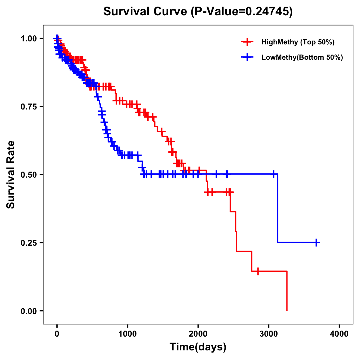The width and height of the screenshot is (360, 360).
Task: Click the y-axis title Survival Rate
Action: [11, 174]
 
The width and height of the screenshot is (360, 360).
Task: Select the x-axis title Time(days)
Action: [198, 347]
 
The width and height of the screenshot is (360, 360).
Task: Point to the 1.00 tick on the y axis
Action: [28, 38]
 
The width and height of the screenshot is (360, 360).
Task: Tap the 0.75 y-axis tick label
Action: [28, 106]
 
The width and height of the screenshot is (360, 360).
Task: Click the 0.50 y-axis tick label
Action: [28, 175]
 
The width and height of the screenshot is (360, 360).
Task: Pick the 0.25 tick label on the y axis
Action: [28, 243]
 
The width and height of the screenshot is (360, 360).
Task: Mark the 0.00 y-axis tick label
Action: [28, 311]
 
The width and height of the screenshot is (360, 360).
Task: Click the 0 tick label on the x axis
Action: [57, 334]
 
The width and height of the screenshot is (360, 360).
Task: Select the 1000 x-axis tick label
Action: [127, 334]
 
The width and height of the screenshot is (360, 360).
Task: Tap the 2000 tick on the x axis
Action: [198, 334]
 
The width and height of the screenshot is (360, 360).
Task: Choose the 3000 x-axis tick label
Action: [269, 334]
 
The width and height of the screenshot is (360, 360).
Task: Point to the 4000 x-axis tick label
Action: [339, 334]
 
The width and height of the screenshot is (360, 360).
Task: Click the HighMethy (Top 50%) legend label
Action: [298, 42]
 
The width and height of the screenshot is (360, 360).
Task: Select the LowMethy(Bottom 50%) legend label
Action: [302, 57]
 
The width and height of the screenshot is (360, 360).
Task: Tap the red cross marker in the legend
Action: [247, 42]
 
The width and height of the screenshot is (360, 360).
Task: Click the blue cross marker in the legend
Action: [247, 57]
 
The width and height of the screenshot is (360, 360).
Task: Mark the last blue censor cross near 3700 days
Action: [316, 242]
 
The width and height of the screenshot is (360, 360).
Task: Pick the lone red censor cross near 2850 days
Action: [258, 271]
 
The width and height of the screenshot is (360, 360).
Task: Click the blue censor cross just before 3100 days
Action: [273, 174]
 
